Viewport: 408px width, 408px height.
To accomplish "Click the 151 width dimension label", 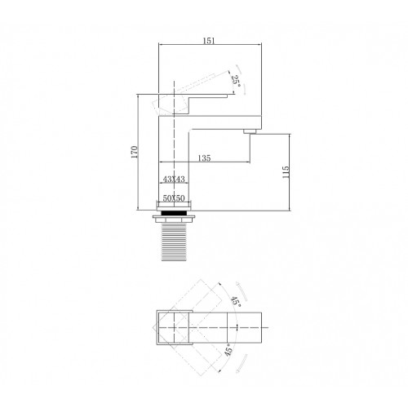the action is click(209, 41).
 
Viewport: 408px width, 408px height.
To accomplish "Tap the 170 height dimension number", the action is click(135, 153).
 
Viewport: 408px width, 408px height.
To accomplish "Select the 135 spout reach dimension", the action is click(204, 157).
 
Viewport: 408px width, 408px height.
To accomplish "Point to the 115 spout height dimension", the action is click(286, 172).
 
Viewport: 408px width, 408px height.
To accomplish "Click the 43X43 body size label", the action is click(174, 180).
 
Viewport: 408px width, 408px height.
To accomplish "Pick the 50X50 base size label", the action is click(174, 198).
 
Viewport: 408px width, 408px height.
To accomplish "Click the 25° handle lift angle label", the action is click(236, 81).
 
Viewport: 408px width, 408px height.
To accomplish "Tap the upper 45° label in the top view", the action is click(236, 301).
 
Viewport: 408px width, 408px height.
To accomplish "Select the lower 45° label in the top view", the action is click(228, 349).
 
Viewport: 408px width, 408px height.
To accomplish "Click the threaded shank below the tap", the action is click(174, 242).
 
